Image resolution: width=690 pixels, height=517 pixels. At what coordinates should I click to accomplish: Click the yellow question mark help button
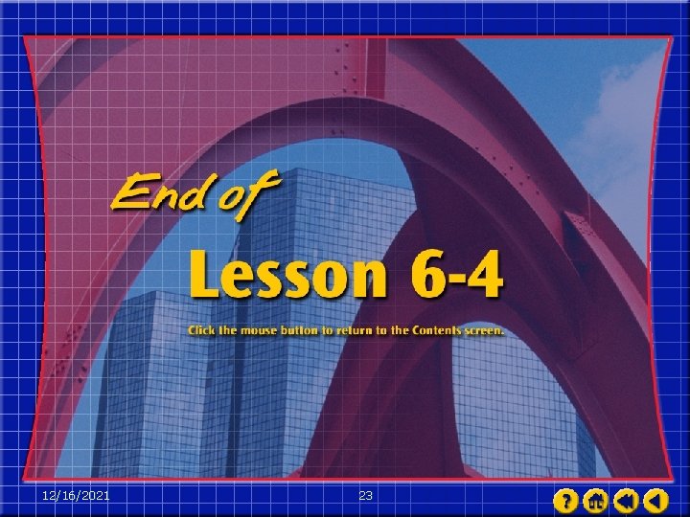pos(566,500)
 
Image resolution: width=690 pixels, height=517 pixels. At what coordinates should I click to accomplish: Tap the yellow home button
pos(595,500)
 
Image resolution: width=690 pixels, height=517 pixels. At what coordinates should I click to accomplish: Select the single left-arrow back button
pos(655,500)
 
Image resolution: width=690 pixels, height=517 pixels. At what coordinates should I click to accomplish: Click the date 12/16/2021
pos(77,495)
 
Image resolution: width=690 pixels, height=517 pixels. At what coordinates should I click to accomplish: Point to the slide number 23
pos(365,495)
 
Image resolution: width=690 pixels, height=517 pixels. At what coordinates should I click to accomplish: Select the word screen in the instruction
pos(484,330)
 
